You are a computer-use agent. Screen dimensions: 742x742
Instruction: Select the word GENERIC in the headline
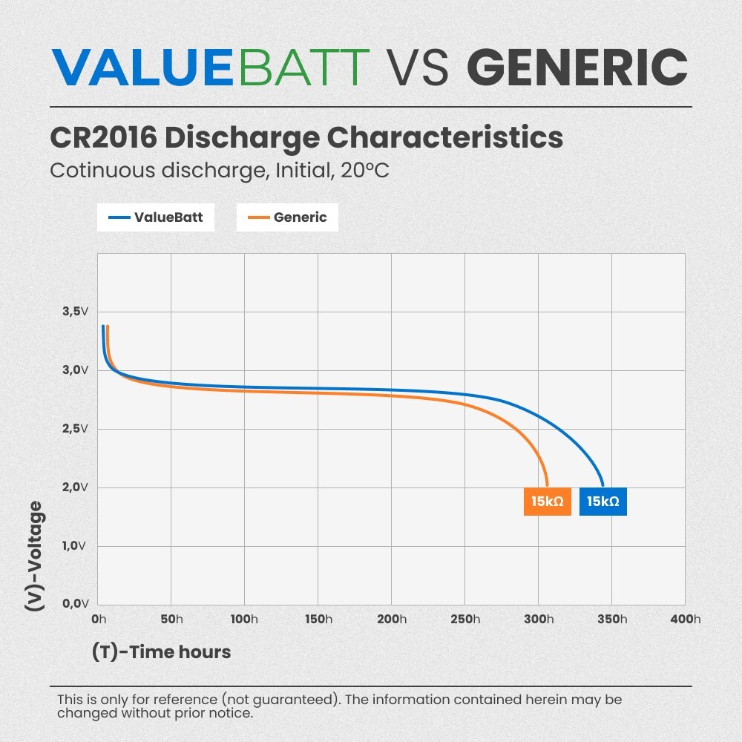577,68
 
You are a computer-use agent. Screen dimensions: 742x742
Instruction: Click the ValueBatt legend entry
155,217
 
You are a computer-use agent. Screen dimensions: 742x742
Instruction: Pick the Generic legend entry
287,217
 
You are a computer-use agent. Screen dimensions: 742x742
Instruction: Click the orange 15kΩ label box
547,502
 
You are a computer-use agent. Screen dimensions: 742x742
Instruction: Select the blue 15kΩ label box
603,502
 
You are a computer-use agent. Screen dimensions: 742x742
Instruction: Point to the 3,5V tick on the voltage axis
75,311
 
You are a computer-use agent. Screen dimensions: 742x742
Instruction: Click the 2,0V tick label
75,487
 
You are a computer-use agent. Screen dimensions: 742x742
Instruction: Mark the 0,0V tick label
75,604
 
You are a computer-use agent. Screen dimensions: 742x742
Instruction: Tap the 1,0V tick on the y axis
75,545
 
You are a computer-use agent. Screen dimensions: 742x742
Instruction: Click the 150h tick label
318,620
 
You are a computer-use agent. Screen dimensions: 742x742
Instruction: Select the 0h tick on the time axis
99,620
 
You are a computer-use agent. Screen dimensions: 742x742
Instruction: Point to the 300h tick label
538,620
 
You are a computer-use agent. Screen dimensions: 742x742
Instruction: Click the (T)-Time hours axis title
161,652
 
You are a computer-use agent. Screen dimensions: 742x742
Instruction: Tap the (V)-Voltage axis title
34,556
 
